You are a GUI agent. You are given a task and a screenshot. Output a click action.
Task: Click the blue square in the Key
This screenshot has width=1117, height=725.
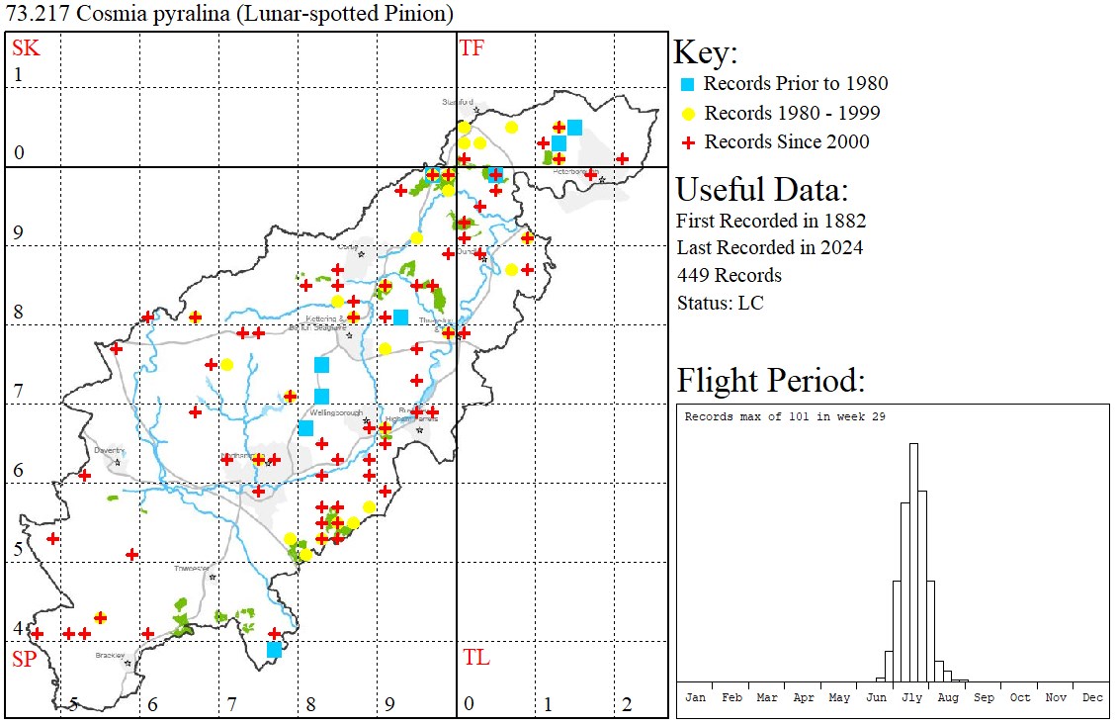click(x=688, y=84)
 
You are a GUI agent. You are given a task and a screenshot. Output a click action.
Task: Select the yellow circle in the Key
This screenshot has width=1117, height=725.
click(x=688, y=113)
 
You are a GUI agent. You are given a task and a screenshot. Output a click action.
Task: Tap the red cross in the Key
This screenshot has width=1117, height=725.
click(x=688, y=142)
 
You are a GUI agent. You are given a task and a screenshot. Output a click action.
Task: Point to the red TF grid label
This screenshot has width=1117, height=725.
click(x=473, y=47)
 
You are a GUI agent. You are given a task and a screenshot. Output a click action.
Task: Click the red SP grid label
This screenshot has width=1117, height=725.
click(x=23, y=659)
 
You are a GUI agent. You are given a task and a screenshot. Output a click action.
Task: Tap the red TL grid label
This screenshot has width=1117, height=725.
click(x=475, y=658)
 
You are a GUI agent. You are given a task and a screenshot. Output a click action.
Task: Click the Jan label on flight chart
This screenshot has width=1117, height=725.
click(x=696, y=697)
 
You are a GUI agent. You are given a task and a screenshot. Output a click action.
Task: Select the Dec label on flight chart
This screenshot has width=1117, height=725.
click(x=1092, y=697)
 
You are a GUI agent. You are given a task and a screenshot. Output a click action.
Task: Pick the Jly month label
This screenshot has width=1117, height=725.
click(x=911, y=697)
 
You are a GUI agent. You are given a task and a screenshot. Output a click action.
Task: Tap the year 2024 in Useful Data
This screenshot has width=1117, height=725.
click(x=841, y=247)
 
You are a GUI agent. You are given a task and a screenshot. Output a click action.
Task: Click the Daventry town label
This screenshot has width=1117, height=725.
click(x=108, y=450)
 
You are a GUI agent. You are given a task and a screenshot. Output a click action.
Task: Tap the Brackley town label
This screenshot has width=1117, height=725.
click(x=109, y=655)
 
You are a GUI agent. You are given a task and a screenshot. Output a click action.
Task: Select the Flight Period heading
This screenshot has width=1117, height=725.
click(x=771, y=381)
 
